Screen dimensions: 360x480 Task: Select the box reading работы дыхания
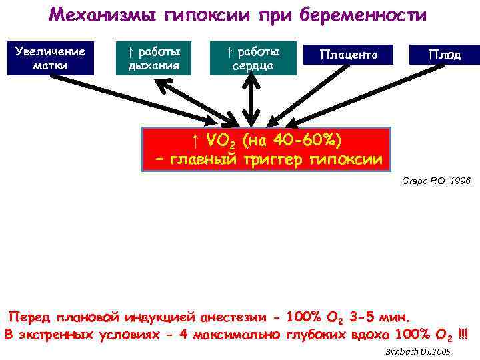pos(154,57)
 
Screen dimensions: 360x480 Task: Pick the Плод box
pos(444,55)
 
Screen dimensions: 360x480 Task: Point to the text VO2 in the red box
pos(223,141)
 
